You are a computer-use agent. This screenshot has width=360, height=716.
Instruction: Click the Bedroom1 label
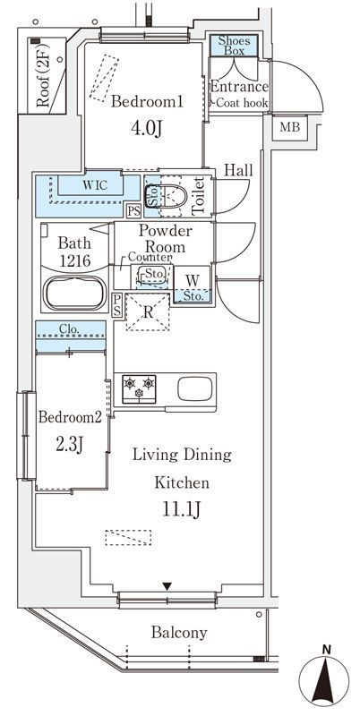pyautogui.click(x=147, y=102)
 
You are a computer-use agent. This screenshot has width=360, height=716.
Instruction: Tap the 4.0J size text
pyautogui.click(x=147, y=129)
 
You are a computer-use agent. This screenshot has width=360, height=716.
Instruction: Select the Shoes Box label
pyautogui.click(x=234, y=46)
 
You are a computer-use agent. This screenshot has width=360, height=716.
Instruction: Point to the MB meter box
pyautogui.click(x=290, y=127)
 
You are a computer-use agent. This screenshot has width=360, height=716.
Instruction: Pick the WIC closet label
pyautogui.click(x=95, y=185)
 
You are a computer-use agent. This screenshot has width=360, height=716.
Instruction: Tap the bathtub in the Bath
pyautogui.click(x=74, y=294)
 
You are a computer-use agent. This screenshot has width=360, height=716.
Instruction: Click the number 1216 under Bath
pyautogui.click(x=74, y=261)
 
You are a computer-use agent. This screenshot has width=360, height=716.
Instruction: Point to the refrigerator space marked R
pyautogui.click(x=148, y=312)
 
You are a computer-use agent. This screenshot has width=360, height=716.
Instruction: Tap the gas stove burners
pyautogui.click(x=139, y=388)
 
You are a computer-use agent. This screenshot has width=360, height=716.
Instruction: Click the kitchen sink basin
pyautogui.click(x=195, y=388)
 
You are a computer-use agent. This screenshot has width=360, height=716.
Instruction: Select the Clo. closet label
pyautogui.click(x=71, y=328)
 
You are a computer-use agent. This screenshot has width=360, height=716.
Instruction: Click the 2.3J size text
pyautogui.click(x=69, y=443)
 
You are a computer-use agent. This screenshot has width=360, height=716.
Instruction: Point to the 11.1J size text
pyautogui.click(x=182, y=510)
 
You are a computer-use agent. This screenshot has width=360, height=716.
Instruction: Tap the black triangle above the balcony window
pyautogui.click(x=167, y=586)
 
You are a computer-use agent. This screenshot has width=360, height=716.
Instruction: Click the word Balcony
pyautogui.click(x=179, y=633)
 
